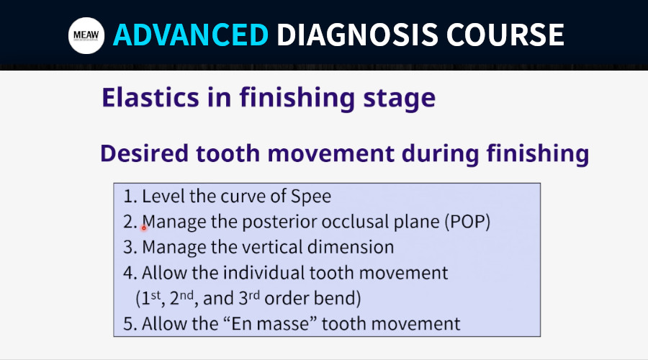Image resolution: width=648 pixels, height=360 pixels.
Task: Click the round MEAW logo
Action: [86, 35]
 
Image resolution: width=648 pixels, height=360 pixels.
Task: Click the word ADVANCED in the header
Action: [191, 35]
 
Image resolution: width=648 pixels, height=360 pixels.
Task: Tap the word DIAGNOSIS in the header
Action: [357, 35]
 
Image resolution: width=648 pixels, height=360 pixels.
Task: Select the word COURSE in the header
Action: [505, 35]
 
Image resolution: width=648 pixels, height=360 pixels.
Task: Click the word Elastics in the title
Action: [150, 97]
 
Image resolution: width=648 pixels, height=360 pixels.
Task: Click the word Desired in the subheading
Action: [144, 153]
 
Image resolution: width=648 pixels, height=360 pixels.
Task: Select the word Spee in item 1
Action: [311, 197]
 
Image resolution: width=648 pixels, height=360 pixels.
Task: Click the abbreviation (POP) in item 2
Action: [467, 222]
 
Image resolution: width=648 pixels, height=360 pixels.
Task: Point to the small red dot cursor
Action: [144, 228]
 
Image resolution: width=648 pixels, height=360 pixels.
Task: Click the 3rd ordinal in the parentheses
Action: [249, 297]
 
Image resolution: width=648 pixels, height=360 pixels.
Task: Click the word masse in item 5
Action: [282, 324]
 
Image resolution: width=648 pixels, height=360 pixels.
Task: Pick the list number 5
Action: [130, 323]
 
